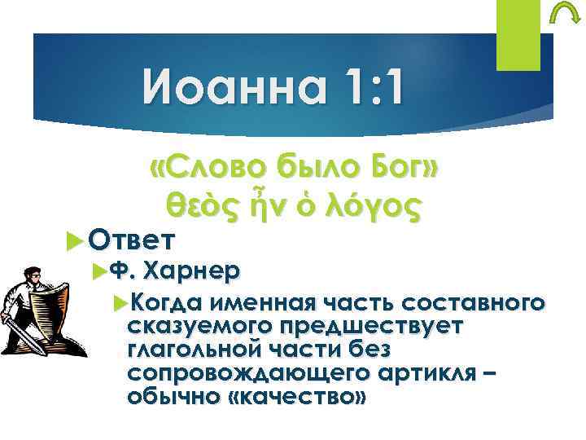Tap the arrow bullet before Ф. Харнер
pos(99,270)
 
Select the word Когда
pos(165,303)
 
